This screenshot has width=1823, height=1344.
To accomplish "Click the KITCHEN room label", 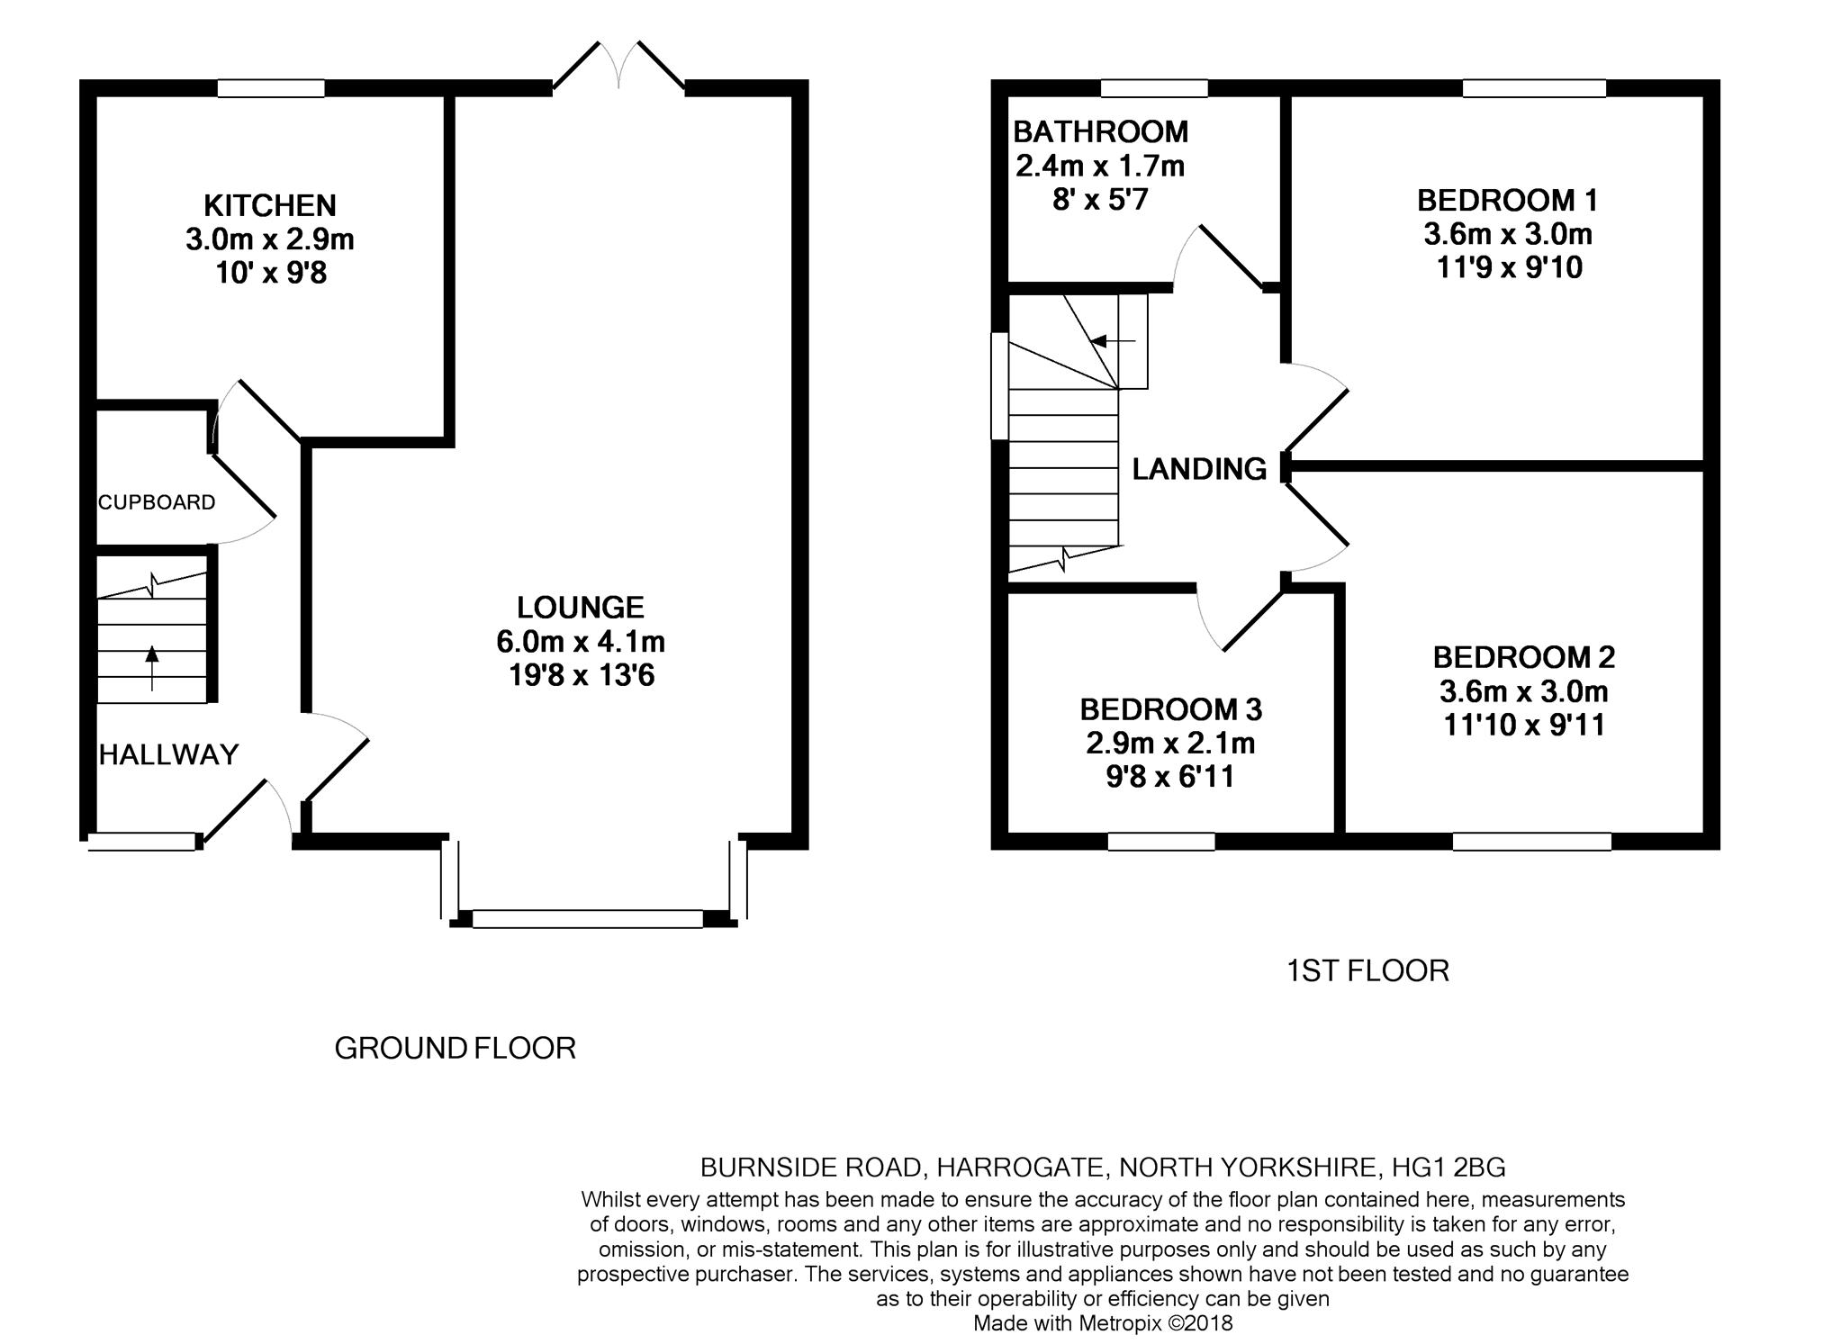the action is (x=270, y=205).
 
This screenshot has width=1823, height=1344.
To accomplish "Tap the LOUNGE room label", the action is (x=581, y=608).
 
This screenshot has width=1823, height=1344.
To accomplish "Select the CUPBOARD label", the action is (x=157, y=502).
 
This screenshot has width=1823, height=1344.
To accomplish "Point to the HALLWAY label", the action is (x=168, y=754).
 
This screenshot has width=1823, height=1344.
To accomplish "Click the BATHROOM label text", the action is (x=1101, y=131).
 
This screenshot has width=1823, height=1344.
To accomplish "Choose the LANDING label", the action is (x=1199, y=469).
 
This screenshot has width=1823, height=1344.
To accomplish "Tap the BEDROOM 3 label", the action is (x=1171, y=709).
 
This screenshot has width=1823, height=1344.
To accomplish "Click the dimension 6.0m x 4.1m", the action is (x=581, y=642).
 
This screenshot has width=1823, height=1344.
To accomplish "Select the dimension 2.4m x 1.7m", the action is (x=1100, y=166).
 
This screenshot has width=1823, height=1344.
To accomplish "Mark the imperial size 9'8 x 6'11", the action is (x=1170, y=776).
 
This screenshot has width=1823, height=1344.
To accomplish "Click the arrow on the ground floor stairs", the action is (x=151, y=669).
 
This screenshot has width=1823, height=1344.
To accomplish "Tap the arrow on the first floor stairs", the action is (x=1113, y=341).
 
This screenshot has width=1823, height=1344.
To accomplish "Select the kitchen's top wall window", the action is (x=271, y=88).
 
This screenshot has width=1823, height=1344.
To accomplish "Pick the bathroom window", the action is (x=1154, y=88).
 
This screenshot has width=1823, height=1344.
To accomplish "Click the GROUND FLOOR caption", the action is (x=455, y=1048).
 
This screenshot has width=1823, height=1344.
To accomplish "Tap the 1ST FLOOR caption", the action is (x=1367, y=970).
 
